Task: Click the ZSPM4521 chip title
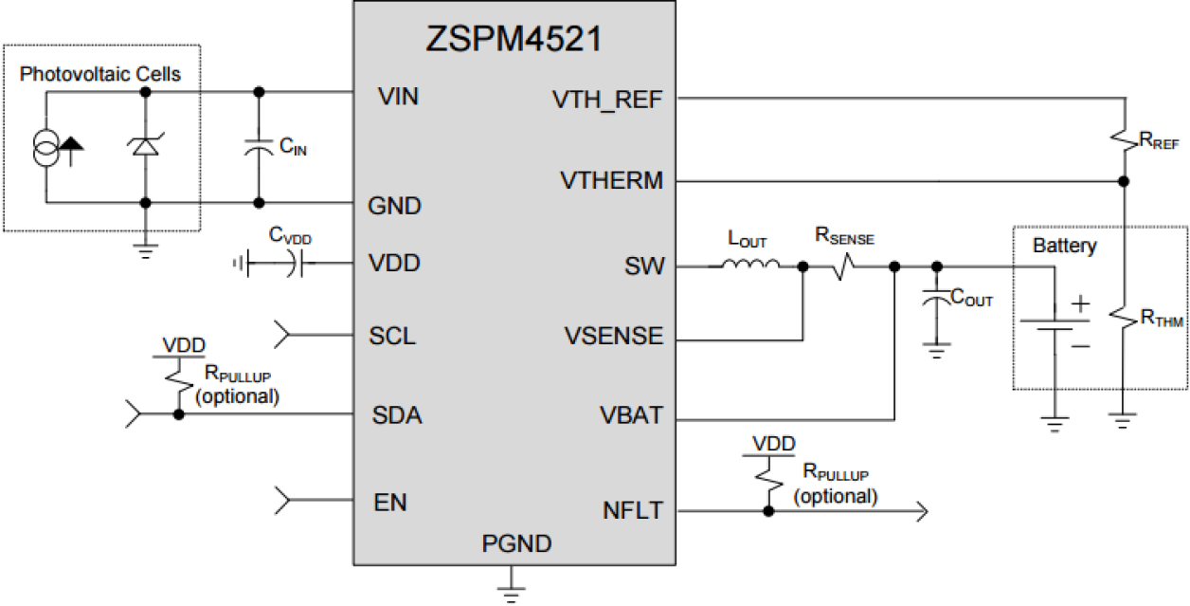coord(514,40)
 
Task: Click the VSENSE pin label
coord(613,337)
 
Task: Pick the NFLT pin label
coord(632,511)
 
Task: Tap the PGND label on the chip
coord(515,544)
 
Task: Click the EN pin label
coord(390,501)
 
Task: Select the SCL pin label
coord(393,337)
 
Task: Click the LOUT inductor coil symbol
coord(750,267)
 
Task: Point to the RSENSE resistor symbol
coord(845,268)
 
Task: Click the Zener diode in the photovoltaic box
coord(144,146)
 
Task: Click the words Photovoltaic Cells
coord(100,74)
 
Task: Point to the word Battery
coord(1064,247)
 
